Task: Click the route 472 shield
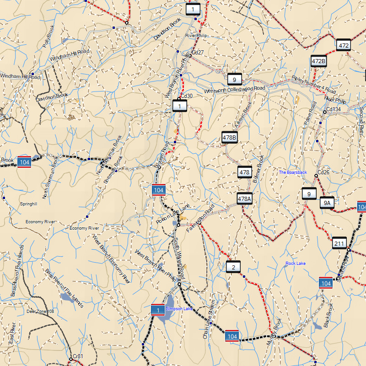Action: [344, 45]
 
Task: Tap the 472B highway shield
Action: [318, 61]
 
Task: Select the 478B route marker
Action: [230, 137]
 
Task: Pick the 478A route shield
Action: [245, 199]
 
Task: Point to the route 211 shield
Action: [339, 243]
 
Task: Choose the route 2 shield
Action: [233, 267]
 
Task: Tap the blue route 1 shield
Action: [158, 311]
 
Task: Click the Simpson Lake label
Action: [180, 309]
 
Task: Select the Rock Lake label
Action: [296, 264]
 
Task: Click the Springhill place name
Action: [28, 204]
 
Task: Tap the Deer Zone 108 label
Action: [40, 311]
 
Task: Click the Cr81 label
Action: [78, 356]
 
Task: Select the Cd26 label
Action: [323, 172]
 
